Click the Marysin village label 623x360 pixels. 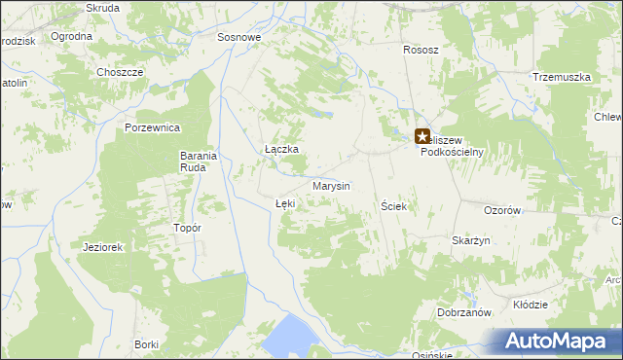331,186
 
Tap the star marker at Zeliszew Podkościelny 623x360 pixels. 422,138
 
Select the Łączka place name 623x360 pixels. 281,149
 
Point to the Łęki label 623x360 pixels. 284,203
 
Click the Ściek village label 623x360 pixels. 393,206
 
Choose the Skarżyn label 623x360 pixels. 470,240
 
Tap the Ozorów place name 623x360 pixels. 503,210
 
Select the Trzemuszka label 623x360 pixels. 562,77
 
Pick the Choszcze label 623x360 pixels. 120,72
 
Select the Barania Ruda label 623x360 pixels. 198,161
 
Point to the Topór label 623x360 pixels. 186,228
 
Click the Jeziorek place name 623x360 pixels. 102,247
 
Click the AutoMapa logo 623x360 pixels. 560,342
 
